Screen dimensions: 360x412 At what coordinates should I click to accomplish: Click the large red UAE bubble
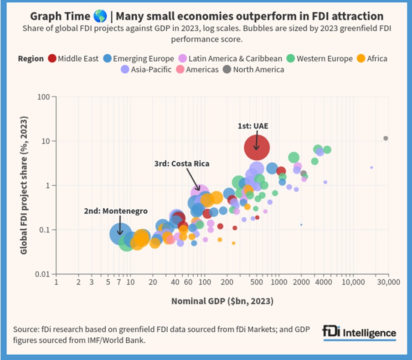tap(257, 147)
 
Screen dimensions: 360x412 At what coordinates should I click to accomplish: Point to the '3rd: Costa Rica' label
tap(181, 163)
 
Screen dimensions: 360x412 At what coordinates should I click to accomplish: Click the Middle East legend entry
tap(73, 59)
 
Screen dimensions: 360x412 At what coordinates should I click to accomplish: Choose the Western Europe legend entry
tap(319, 59)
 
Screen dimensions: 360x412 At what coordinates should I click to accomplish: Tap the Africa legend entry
tap(372, 59)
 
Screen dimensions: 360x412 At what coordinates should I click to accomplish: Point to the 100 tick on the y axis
tap(44, 97)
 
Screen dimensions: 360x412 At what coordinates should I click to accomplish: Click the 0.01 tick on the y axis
tap(42, 274)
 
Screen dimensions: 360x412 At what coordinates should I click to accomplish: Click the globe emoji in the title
tap(99, 17)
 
